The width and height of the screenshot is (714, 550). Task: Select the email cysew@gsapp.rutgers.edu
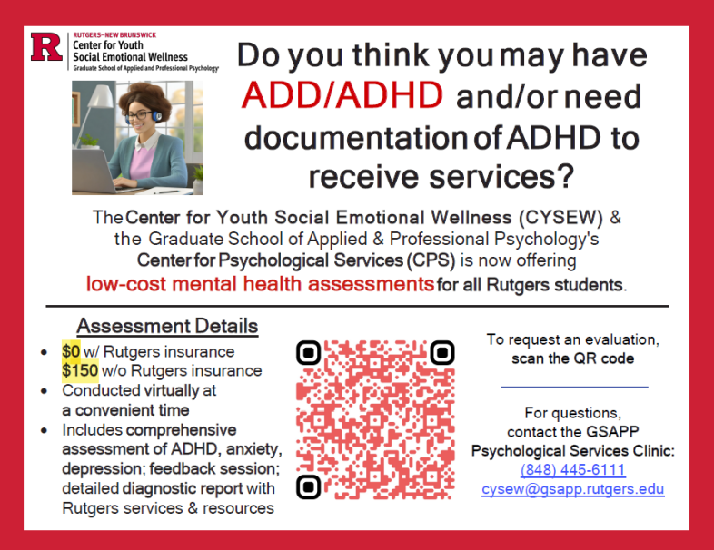click(572, 489)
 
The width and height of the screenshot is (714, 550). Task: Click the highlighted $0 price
click(71, 351)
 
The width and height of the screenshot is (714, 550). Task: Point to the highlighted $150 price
click(80, 370)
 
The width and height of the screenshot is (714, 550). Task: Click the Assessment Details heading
click(167, 326)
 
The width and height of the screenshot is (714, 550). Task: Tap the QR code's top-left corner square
click(309, 351)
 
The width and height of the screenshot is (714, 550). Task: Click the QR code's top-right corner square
click(442, 351)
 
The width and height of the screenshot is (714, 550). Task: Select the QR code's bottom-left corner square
click(309, 486)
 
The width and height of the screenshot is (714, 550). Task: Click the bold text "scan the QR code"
click(572, 358)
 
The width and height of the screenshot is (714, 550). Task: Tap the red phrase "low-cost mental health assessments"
click(260, 284)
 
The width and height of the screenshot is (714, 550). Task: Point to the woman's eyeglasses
click(143, 116)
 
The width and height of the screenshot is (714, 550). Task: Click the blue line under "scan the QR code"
click(574, 388)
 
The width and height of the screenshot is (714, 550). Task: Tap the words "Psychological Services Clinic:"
click(573, 451)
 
